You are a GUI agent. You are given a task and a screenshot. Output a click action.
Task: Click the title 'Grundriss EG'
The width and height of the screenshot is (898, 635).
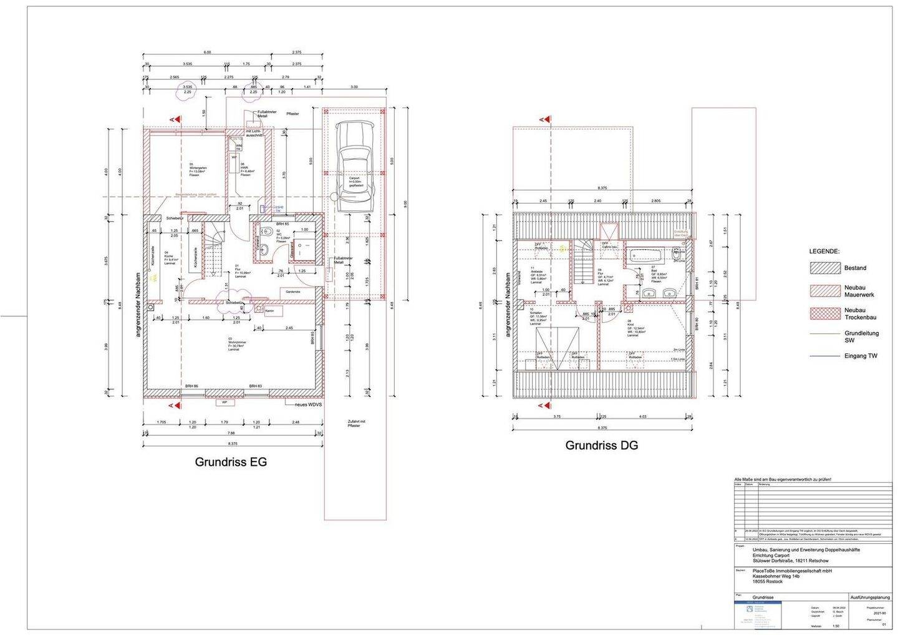pyautogui.click(x=231, y=463)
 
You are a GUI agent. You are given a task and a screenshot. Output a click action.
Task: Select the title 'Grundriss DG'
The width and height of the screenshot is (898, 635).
pyautogui.click(x=601, y=446)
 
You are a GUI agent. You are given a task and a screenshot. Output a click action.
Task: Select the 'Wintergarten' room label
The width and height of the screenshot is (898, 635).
pyautogui.click(x=198, y=167)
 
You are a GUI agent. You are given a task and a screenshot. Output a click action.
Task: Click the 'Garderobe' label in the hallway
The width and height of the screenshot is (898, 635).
pyautogui.click(x=293, y=292)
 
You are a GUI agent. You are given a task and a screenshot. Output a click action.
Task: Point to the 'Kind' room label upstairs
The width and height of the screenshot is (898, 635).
pyautogui.click(x=631, y=323)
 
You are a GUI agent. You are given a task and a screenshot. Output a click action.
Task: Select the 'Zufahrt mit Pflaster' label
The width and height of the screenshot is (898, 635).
pyautogui.click(x=357, y=425)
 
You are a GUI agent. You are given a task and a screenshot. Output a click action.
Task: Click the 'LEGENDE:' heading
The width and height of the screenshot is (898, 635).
pyautogui.click(x=824, y=251)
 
